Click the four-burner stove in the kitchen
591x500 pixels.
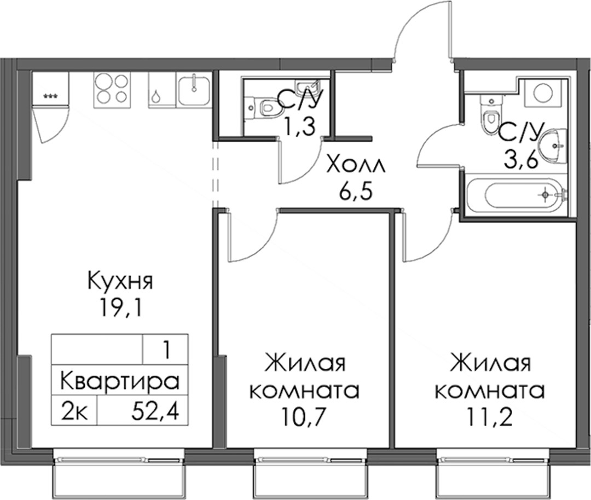point(112,89)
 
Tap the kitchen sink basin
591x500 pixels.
point(194,89)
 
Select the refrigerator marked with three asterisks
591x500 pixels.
point(50,89)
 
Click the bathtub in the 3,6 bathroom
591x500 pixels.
point(515,194)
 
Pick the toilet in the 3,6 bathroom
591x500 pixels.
point(490,115)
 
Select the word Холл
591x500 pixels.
point(356,165)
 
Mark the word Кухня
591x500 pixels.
point(120,282)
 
